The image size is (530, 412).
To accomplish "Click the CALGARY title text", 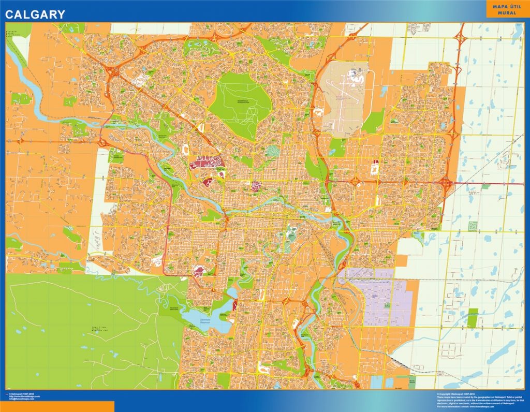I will coord(35,14).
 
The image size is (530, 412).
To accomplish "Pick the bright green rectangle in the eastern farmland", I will coord(472,318).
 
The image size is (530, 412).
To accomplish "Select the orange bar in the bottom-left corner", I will coord(57,406).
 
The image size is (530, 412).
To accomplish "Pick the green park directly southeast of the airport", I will coord(374,122).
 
